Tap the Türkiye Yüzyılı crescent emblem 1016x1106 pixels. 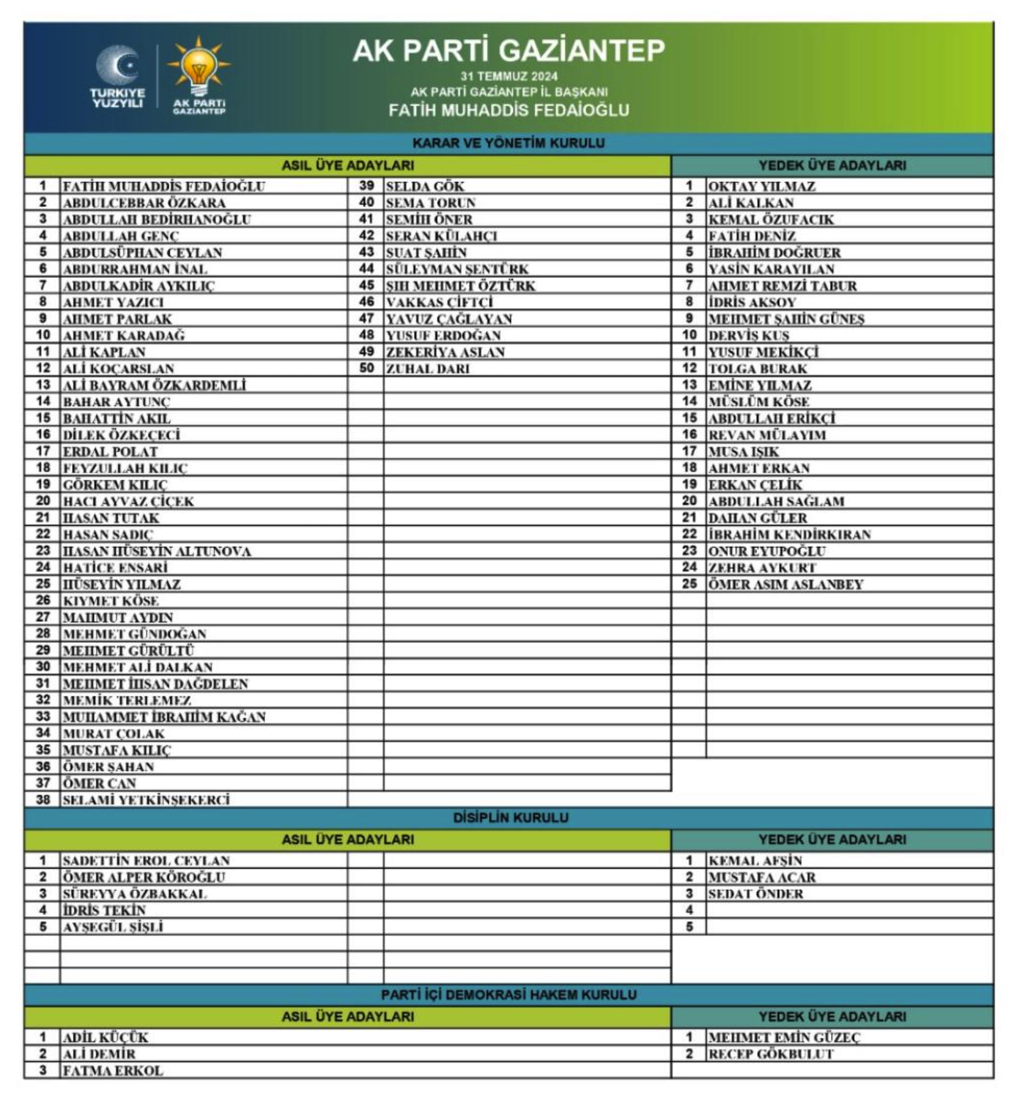(118, 65)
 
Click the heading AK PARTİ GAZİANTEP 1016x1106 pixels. (509, 50)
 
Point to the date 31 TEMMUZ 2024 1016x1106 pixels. (509, 76)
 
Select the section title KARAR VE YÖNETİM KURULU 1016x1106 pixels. (509, 143)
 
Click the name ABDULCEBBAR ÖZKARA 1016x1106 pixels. (144, 203)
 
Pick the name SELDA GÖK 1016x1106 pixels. (425, 186)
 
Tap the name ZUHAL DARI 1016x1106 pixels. (427, 369)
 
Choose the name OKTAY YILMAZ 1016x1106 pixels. (761, 186)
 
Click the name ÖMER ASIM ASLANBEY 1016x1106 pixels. (785, 584)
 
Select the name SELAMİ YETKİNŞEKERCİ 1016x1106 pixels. (147, 800)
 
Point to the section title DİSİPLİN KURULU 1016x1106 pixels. (510, 818)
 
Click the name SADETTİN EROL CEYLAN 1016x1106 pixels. (147, 861)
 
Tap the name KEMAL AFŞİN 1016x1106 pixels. (755, 861)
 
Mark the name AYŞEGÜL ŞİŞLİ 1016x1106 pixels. (113, 927)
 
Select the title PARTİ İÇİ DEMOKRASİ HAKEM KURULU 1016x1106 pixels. (509, 995)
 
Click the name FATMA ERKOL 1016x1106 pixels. (113, 1071)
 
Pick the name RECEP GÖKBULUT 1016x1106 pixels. (771, 1054)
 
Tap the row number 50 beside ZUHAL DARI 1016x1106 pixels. (366, 368)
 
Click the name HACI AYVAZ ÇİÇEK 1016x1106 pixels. (128, 501)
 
